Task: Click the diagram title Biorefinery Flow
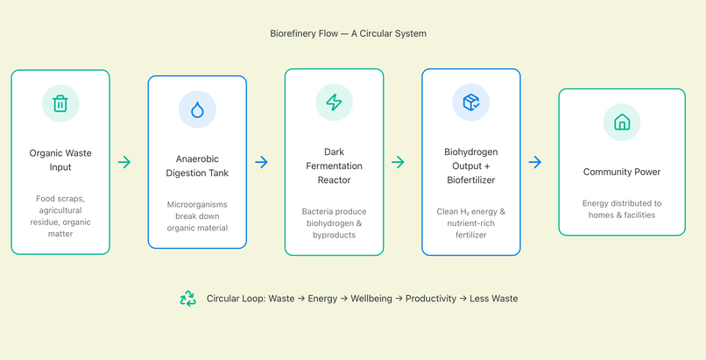[x=348, y=33]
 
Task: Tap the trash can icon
[x=60, y=103]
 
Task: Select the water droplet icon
[x=197, y=109]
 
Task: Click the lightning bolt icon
[x=334, y=102]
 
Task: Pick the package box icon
[x=470, y=102]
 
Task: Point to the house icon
[x=622, y=123]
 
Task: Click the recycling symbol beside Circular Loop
[x=187, y=299]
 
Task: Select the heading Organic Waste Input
[x=60, y=159]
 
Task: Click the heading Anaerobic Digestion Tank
[x=197, y=166]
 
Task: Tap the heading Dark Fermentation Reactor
[x=334, y=166]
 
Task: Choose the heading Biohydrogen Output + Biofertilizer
[x=470, y=166]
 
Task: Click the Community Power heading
[x=622, y=172]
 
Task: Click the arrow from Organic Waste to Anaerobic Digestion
[x=124, y=162]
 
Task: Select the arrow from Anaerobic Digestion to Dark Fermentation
[x=261, y=162]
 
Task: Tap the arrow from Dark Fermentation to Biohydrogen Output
[x=398, y=162]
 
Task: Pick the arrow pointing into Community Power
[x=534, y=162]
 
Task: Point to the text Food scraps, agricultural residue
[x=60, y=210]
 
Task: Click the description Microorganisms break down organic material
[x=197, y=216]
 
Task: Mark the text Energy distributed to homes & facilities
[x=622, y=208]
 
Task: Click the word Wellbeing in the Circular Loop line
[x=372, y=299]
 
